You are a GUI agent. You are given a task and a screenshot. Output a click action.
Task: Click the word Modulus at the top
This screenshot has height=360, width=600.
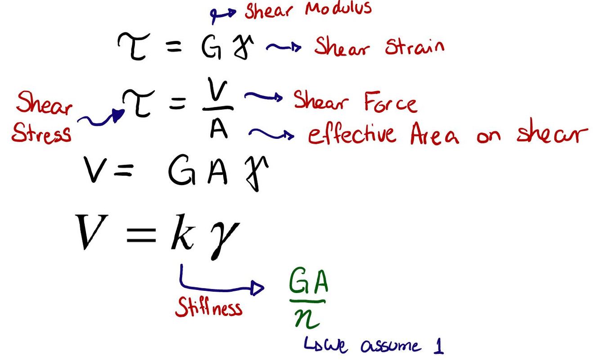pyautogui.click(x=338, y=9)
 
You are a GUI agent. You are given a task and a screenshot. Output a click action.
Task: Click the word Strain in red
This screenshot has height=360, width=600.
pyautogui.click(x=414, y=47)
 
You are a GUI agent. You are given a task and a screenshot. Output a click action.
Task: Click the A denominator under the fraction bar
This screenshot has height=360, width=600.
pyautogui.click(x=219, y=129)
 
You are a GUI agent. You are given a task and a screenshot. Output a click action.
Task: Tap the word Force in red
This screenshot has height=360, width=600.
pyautogui.click(x=390, y=102)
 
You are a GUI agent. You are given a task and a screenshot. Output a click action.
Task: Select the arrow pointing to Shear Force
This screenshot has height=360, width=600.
pyautogui.click(x=263, y=96)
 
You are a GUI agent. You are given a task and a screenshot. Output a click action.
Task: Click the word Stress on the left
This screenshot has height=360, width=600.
pyautogui.click(x=41, y=133)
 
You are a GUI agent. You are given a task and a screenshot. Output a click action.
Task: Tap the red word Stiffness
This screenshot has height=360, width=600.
pyautogui.click(x=208, y=307)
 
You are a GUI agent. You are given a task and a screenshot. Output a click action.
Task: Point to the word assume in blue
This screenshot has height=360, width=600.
pyautogui.click(x=390, y=347)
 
